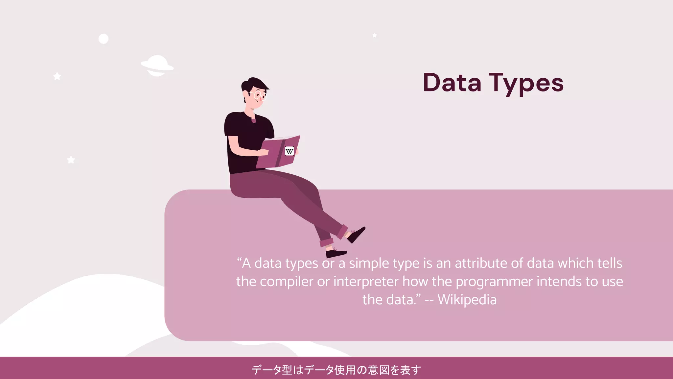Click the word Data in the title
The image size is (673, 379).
[x=452, y=83]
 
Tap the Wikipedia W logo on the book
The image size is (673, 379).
[x=289, y=151]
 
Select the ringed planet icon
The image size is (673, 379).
[x=157, y=65]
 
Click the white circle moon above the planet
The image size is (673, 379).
[x=104, y=39]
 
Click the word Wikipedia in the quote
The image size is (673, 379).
[x=467, y=300]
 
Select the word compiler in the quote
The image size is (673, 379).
[x=287, y=282]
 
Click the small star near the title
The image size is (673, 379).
[x=374, y=35]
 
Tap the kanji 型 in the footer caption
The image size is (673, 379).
[x=287, y=370]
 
